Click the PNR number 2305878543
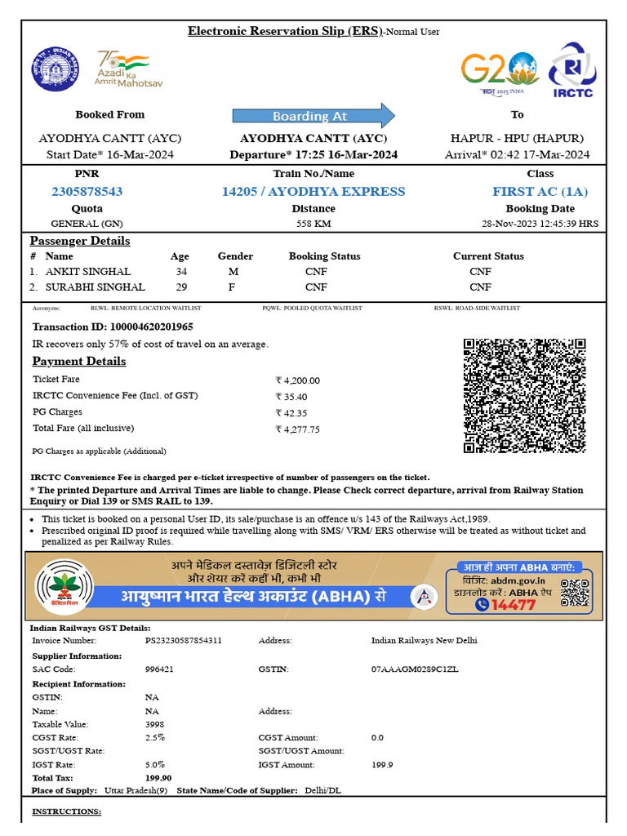point(87,191)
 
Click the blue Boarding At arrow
point(313,116)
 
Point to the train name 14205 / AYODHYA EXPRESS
point(313,191)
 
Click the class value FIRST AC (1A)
point(540,191)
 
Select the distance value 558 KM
point(313,223)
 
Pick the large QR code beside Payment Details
point(525,395)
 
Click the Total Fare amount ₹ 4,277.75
point(298,429)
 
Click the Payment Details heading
point(79,361)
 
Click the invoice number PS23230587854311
point(183,640)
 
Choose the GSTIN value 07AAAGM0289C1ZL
point(415,669)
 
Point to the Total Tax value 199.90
point(158,778)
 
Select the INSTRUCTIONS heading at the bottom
point(66,812)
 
